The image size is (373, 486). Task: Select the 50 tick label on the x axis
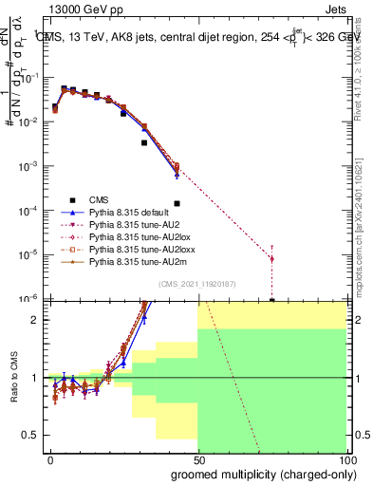[x=197, y=459]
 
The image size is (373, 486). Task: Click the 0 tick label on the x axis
[x=50, y=459]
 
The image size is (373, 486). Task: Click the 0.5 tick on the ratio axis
[x=30, y=435]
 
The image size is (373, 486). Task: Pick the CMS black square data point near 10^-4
[x=177, y=203]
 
